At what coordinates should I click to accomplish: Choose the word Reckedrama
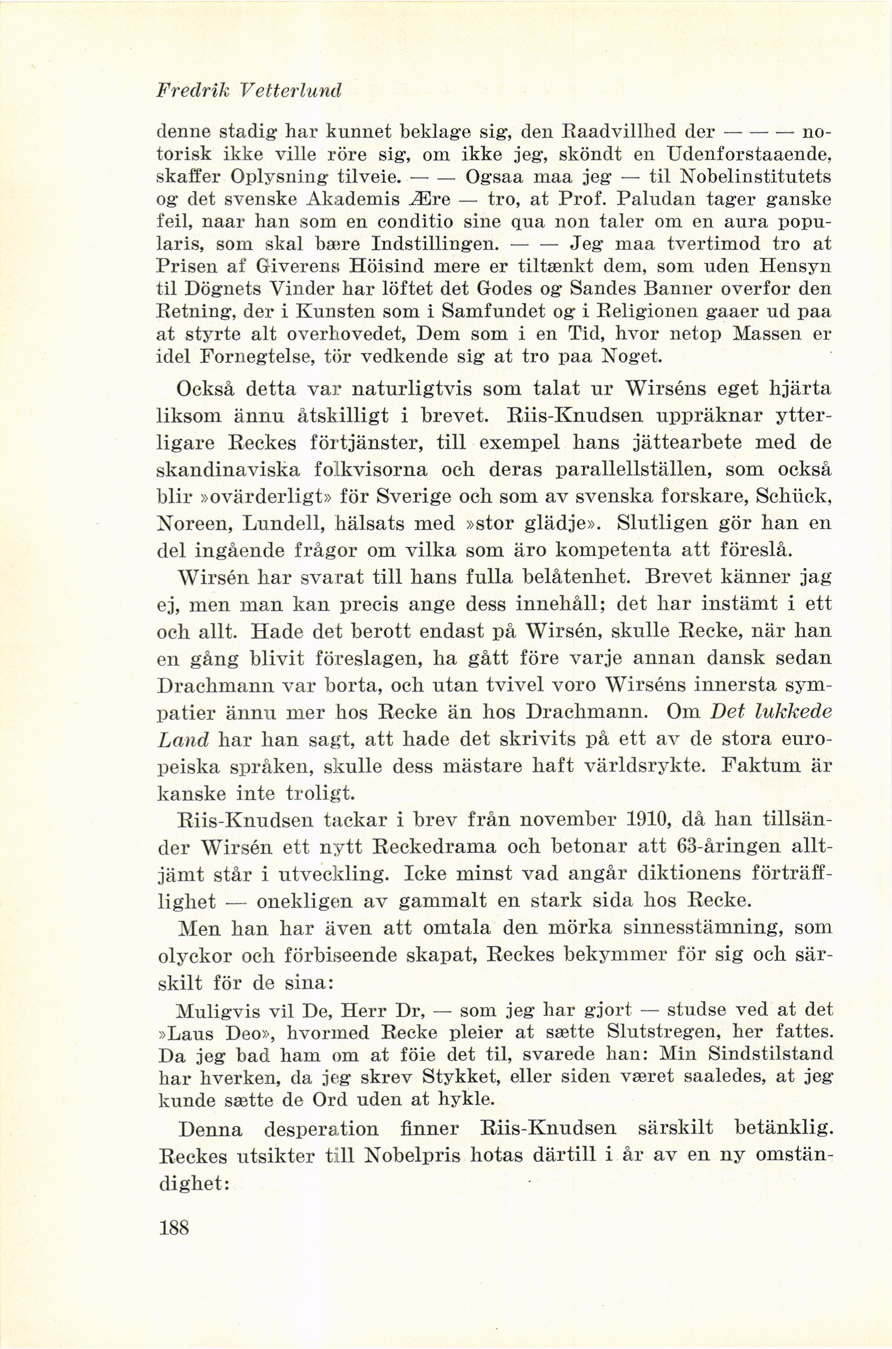[x=436, y=847]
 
